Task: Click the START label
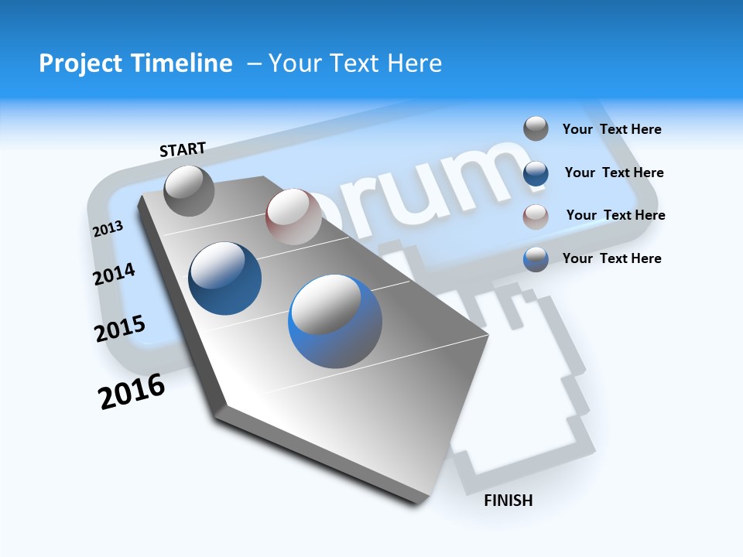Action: (183, 149)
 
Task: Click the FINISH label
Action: (508, 501)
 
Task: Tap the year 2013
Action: (108, 228)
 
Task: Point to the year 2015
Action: (120, 329)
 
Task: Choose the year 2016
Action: (132, 391)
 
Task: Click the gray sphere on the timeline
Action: (189, 190)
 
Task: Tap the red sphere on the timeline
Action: (293, 217)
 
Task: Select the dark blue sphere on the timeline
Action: (225, 278)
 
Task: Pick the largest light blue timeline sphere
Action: (335, 321)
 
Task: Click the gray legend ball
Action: (536, 128)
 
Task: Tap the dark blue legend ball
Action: (536, 173)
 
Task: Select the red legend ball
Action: (536, 216)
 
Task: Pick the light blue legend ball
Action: (536, 259)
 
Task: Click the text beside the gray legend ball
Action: (611, 129)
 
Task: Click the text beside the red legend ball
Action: (615, 215)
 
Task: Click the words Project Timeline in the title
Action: (135, 63)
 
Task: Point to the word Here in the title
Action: (414, 63)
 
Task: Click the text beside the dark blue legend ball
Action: (614, 173)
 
